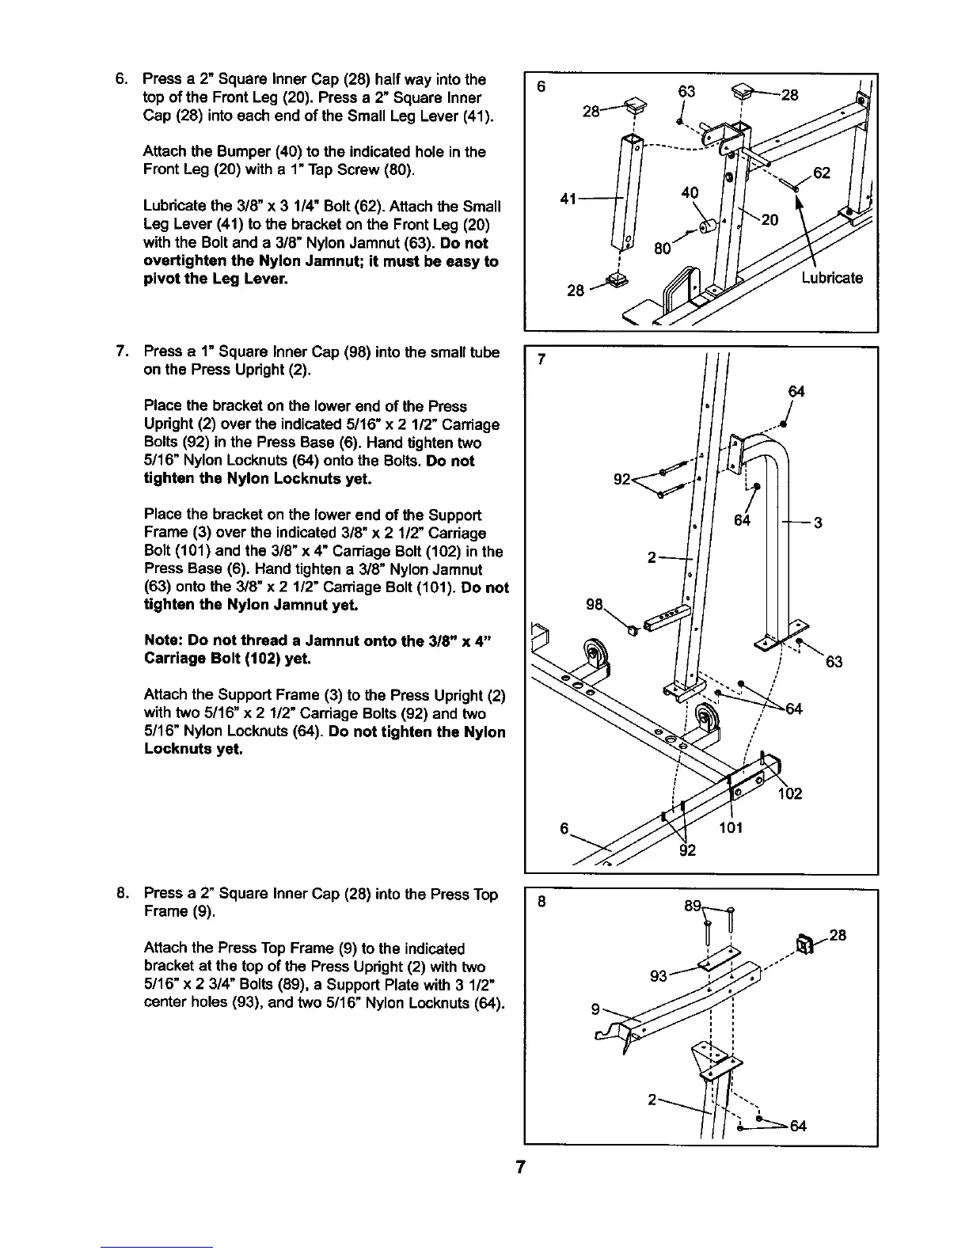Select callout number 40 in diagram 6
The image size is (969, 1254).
coord(690,192)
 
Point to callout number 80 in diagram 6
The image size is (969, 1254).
coord(663,249)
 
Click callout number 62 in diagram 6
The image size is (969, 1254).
coord(822,173)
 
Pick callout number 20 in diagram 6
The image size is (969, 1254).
coord(769,221)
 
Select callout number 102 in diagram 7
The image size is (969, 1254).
coord(790,793)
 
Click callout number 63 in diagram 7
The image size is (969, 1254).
coord(834,662)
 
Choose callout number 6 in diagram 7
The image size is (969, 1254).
coord(564,828)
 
